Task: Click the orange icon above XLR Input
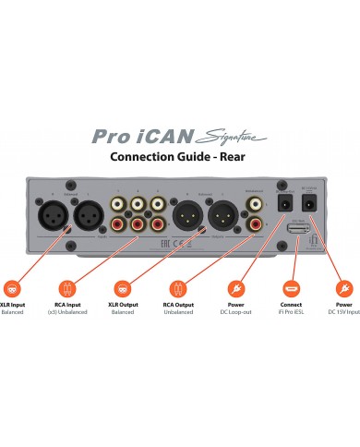tap(13, 287)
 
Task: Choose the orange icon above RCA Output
tap(178, 287)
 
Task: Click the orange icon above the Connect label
tap(291, 287)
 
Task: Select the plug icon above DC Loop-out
tap(234, 287)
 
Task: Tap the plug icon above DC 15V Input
tap(346, 287)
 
